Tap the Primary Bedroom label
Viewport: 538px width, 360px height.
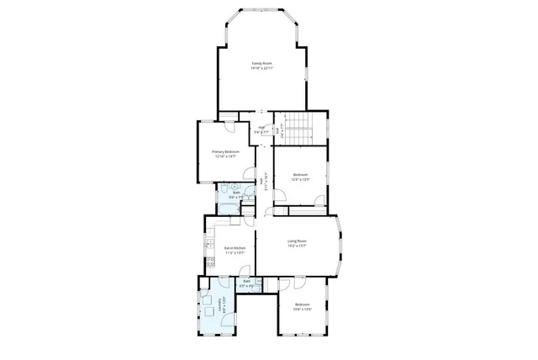[225, 151]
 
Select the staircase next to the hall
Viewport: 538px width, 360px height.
[296, 126]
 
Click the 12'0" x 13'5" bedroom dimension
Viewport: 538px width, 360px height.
[300, 179]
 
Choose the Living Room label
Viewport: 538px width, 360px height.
[297, 241]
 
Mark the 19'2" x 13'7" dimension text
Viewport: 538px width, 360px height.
[297, 246]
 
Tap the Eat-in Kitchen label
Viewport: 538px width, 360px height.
[235, 247]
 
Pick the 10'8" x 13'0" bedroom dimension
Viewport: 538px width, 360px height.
[303, 309]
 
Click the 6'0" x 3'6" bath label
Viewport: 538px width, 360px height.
[247, 283]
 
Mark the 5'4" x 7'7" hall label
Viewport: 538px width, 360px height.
[261, 130]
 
